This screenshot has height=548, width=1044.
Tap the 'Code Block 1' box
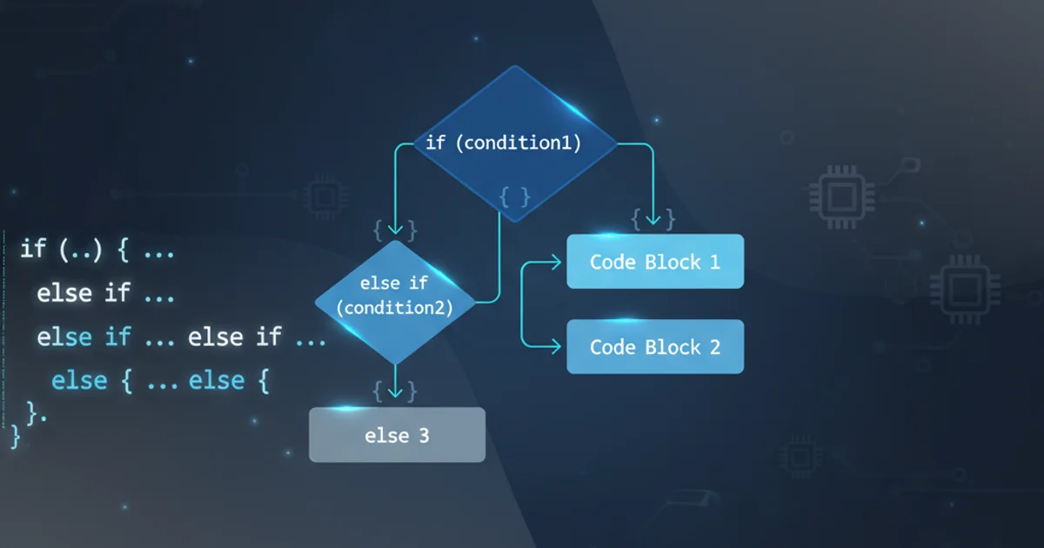(655, 261)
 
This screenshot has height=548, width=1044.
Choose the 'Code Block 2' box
(655, 346)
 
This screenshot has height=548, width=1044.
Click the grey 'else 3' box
(397, 435)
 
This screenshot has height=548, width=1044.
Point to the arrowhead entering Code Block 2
(558, 346)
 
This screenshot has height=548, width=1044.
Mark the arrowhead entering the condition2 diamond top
(396, 231)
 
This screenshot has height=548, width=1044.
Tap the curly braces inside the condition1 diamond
(515, 197)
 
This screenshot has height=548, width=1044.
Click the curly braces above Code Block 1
(653, 218)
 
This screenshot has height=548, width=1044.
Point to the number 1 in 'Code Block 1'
(714, 261)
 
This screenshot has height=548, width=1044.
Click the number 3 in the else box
(424, 435)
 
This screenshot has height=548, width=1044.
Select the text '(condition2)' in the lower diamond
(395, 308)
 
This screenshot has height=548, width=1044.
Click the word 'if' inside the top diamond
(435, 143)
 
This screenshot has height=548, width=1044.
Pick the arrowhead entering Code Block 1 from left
(558, 260)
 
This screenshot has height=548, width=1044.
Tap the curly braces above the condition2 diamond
(396, 230)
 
